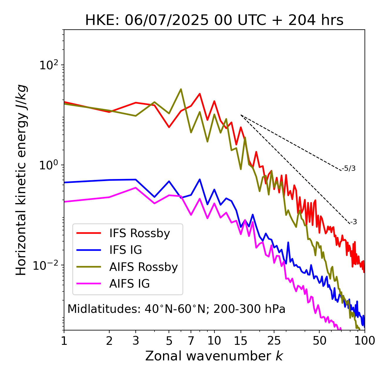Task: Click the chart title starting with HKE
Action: click(x=214, y=21)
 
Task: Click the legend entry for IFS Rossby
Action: click(x=140, y=233)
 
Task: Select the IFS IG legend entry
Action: click(x=125, y=250)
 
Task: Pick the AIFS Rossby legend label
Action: click(x=143, y=267)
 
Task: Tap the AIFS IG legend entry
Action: click(x=130, y=284)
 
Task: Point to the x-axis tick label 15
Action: click(x=241, y=341)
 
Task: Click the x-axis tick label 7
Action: click(x=191, y=341)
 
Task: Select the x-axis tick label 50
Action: click(x=319, y=341)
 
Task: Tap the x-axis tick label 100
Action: click(x=365, y=341)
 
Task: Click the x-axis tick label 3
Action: click(x=136, y=341)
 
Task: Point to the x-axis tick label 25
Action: click(x=274, y=341)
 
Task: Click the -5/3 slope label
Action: click(x=349, y=168)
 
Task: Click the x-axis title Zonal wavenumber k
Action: click(x=214, y=356)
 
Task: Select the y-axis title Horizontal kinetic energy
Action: click(x=21, y=180)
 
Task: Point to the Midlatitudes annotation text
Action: click(x=176, y=309)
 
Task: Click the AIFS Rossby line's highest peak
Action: click(x=181, y=89)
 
